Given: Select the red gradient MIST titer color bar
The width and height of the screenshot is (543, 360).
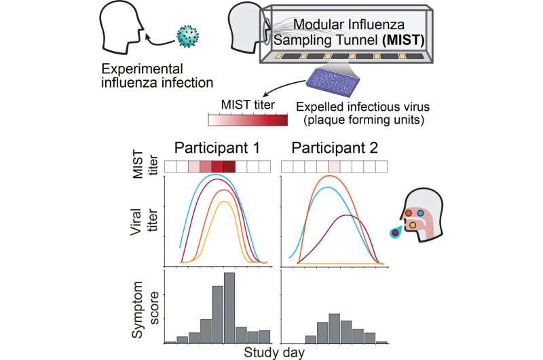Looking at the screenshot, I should pos(250,121).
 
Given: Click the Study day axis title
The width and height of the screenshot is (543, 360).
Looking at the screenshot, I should pos(274,352).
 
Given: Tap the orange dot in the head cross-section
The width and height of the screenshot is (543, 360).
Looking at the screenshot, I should pos(409,213).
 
